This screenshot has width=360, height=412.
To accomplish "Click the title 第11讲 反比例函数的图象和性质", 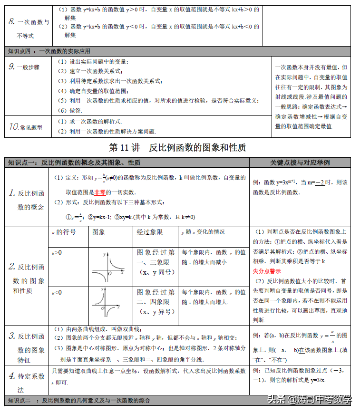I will [177, 148].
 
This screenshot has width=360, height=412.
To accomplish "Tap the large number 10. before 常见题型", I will [14, 126].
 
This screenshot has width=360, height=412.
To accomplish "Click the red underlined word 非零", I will [99, 192].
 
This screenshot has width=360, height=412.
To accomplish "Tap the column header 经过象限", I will [150, 232].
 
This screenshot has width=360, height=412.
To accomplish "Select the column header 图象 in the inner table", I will [99, 232].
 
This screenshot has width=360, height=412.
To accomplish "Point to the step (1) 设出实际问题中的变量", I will [93, 62].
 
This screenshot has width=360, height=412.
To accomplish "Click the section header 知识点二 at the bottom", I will [26, 400].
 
